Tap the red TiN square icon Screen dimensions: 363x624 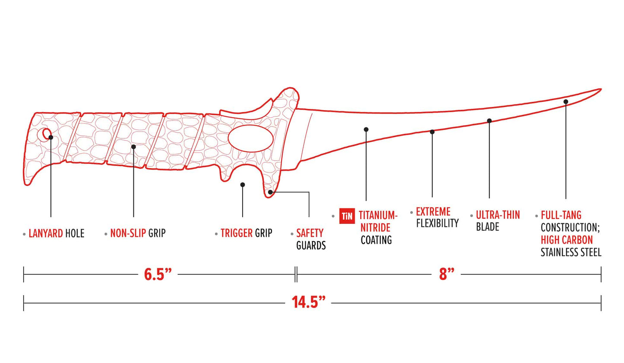pos(347,216)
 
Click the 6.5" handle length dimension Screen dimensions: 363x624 pos(158,275)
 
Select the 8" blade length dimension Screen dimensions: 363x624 pos(446,275)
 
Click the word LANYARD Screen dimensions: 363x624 pos(46,234)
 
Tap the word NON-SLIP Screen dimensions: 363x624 pos(128,233)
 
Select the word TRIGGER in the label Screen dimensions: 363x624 pos(236,233)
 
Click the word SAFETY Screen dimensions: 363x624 pos(310,233)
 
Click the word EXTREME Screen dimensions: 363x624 pos(433,212)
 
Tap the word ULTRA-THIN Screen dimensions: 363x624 pos(497,215)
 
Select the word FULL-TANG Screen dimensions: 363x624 pos(561,215)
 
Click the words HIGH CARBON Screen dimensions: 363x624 pos(567,240)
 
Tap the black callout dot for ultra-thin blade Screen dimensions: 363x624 pos(489,121)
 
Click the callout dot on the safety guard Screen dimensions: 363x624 pos(270,192)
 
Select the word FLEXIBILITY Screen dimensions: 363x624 pos(437,223)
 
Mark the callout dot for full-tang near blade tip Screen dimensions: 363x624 pos(566,102)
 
